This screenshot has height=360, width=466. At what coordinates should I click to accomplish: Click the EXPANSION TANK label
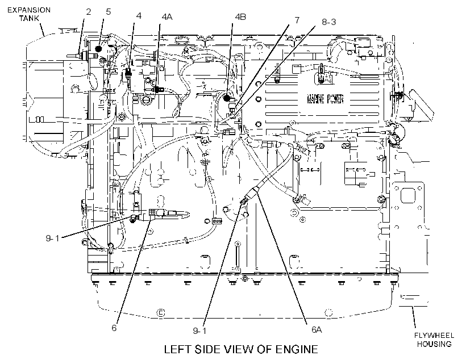point(29,14)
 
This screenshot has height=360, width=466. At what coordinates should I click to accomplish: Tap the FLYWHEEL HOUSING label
point(434,340)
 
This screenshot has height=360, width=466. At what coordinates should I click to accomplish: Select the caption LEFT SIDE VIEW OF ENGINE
point(241,349)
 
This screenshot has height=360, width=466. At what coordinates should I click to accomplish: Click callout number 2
point(88,11)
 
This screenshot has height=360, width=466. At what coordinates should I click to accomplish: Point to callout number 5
point(108,11)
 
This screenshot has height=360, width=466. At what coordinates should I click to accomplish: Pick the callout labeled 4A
point(167,17)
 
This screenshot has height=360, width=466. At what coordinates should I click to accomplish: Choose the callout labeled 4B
point(240,17)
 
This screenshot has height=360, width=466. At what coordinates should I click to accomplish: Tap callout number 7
point(297,20)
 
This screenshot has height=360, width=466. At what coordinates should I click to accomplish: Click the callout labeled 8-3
point(329,22)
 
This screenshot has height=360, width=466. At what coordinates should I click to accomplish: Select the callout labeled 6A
point(317,330)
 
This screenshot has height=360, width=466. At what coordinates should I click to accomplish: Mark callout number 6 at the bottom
point(114,328)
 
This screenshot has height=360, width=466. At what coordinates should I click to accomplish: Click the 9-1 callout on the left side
point(53,238)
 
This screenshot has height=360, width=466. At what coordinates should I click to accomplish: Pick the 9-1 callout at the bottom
point(199,330)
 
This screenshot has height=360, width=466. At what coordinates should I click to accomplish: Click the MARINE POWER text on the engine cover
point(325,99)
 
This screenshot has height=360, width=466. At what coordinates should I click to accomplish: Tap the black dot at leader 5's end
point(99,49)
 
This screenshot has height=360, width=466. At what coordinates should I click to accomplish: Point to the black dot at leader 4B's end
point(227,98)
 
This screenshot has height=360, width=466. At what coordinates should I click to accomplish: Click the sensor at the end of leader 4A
point(158,89)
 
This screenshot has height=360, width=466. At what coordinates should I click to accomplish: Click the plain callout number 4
point(139,16)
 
